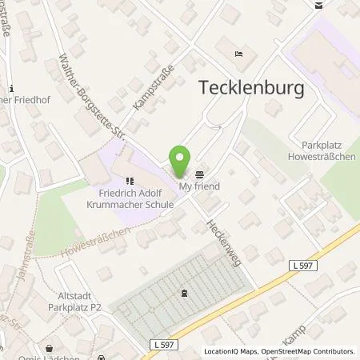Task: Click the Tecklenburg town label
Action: (251, 89)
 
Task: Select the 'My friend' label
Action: (198, 186)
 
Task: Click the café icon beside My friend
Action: (199, 174)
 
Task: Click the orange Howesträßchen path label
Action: (95, 243)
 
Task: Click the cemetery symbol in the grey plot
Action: (186, 292)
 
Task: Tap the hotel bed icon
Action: (240, 54)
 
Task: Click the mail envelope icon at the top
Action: (318, 5)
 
